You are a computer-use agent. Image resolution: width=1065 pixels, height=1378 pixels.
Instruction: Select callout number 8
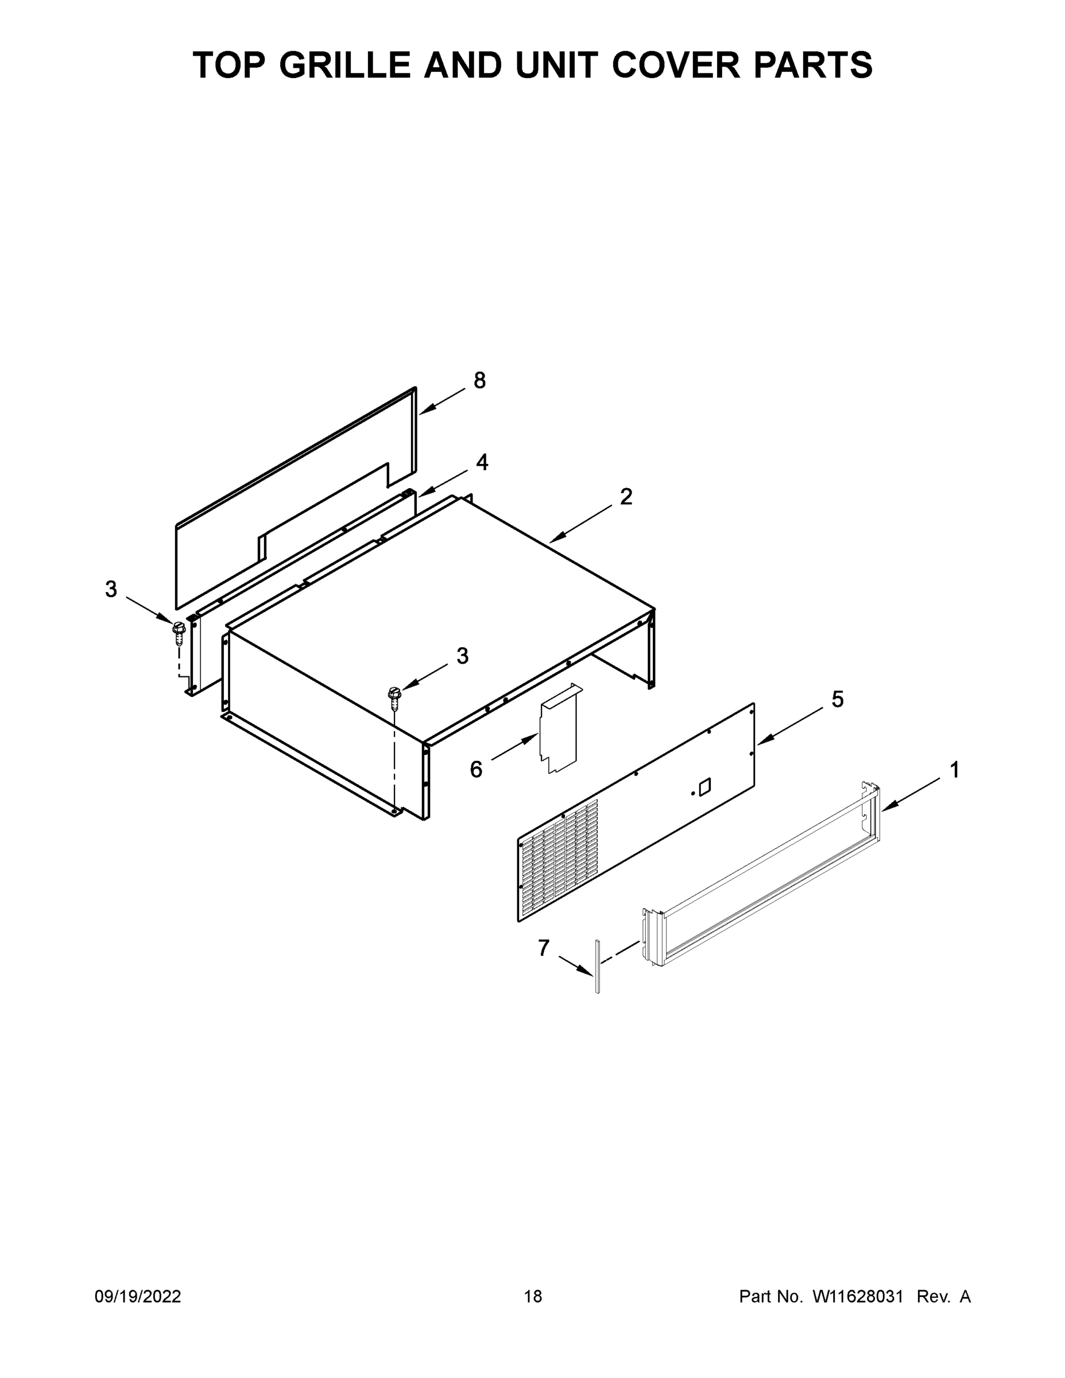pos(479,381)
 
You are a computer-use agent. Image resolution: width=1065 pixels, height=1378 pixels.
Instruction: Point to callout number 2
pos(625,497)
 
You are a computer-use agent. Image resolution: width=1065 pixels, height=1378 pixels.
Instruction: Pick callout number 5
pos(837,699)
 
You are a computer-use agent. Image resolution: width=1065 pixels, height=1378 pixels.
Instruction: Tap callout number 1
pos(954,770)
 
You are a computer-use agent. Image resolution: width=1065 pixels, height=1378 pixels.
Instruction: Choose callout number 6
pos(476,769)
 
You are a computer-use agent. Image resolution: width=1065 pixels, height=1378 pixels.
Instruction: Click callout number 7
pos(543,948)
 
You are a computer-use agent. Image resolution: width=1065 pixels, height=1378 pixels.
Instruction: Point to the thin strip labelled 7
pos(596,975)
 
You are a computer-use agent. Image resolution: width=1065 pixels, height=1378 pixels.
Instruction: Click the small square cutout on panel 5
pos(704,786)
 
